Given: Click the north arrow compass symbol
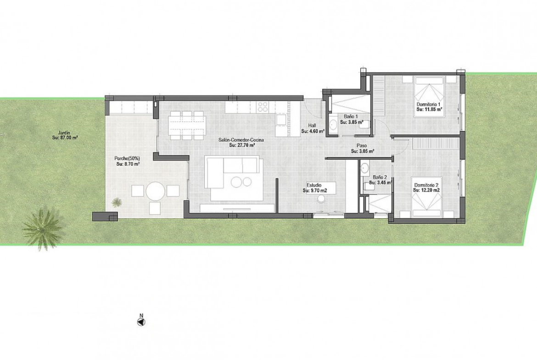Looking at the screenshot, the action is pos(141,321).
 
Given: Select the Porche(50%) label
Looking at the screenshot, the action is pos(127,159).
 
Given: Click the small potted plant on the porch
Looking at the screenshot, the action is pos(117,202).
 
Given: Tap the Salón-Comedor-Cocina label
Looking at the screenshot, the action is pos(241,140).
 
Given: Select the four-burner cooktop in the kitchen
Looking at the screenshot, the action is pos(263,107).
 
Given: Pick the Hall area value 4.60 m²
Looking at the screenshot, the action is pos(313,131).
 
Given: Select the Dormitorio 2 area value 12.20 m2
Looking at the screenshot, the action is pos(426,190).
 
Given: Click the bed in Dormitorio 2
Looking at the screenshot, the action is pos(427,197).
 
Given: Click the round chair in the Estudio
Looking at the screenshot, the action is pos(322,199).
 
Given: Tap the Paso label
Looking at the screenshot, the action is pos(362,146).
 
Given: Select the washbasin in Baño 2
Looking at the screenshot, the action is pos(365,168).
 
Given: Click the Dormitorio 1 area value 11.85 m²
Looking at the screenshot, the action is pos(430,110).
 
